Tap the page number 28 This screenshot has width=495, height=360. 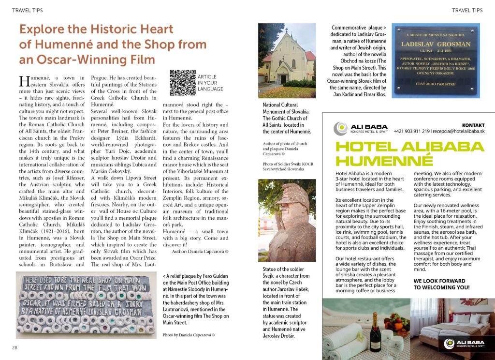coord(15,347)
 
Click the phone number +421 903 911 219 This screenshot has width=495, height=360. coord(412,131)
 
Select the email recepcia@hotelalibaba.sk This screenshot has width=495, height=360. coord(460,131)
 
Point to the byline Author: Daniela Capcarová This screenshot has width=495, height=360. coord(200,252)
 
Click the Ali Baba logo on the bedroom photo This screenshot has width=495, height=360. coord(467,344)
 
